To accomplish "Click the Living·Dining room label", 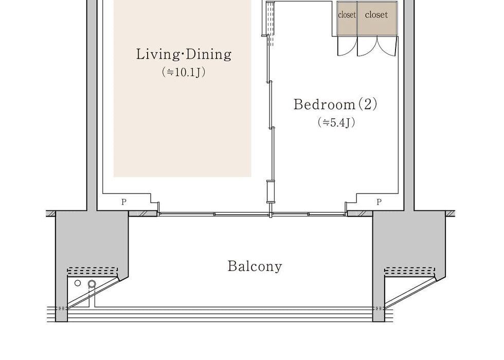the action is (184, 54).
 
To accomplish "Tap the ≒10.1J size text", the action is (184, 72).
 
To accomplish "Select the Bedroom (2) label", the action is (335, 104).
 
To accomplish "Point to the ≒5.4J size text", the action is (336, 122).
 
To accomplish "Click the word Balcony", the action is (255, 266).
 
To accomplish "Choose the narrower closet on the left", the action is (347, 19).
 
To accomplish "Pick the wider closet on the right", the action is (377, 19).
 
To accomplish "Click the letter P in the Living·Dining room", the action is (124, 202).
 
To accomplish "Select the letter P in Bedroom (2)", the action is (379, 202).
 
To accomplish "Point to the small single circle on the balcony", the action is (78, 283).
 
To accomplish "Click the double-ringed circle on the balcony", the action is (92, 284).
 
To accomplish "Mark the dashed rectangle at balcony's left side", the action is (93, 272).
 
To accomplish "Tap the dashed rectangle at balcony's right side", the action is (410, 272).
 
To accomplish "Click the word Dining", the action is (209, 54).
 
